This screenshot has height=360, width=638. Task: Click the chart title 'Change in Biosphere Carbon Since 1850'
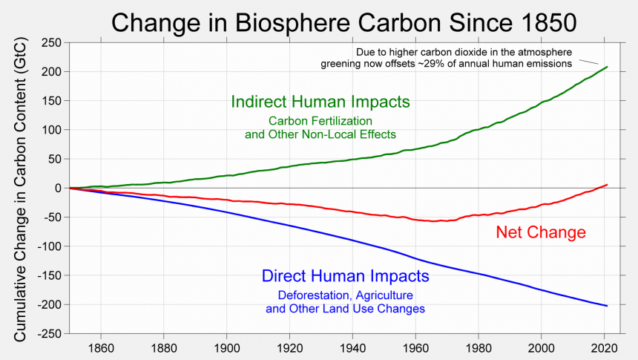click(343, 22)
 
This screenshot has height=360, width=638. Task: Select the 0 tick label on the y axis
click(56, 189)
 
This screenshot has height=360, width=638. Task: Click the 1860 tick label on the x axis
click(100, 346)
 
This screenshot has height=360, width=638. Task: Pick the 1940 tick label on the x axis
click(352, 346)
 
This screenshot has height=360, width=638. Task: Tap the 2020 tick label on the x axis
click(604, 346)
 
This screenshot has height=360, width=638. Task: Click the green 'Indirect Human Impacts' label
click(321, 102)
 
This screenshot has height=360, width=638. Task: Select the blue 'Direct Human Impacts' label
click(346, 277)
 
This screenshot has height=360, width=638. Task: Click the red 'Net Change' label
click(540, 233)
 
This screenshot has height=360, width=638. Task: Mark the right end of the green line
click(608, 67)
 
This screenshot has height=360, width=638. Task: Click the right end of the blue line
click(608, 306)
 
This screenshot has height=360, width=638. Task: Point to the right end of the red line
click(608, 184)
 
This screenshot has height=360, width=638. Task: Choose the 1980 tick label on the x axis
click(479, 346)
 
